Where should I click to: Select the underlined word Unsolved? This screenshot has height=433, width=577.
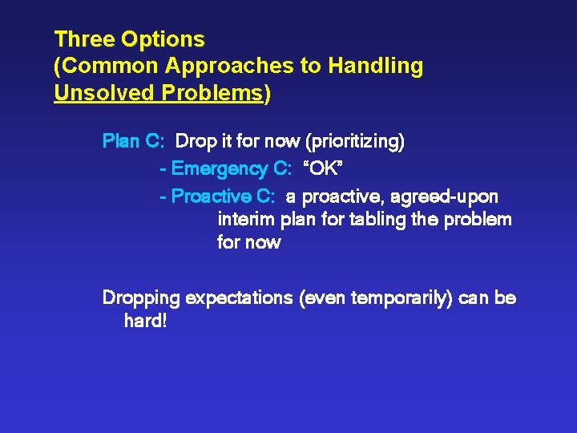(104, 92)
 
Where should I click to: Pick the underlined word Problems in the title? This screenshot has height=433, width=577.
(212, 92)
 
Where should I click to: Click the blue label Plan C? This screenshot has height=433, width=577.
(134, 143)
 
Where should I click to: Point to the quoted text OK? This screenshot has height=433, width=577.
(324, 169)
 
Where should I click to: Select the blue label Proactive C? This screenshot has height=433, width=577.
(223, 196)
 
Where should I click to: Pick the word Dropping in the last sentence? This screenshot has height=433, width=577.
(141, 298)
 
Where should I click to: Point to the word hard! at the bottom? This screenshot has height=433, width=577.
(145, 322)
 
